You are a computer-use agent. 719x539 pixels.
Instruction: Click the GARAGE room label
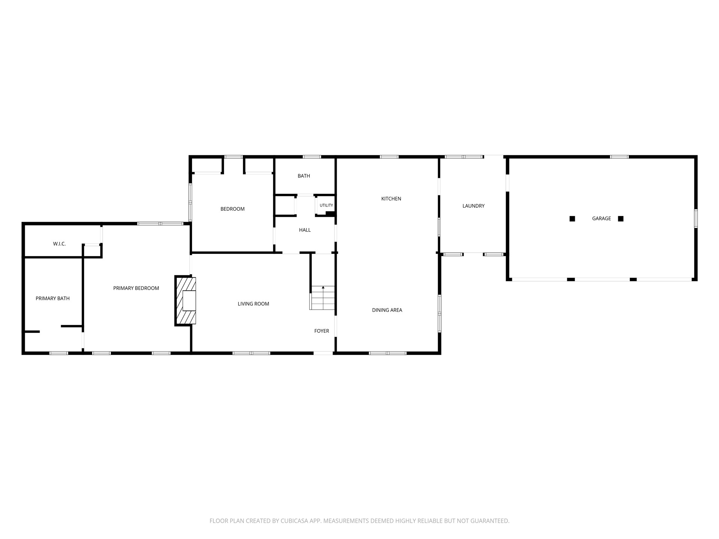point(601,219)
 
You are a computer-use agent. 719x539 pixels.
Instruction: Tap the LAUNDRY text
point(473,206)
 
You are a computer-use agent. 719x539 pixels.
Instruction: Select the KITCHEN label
point(391,199)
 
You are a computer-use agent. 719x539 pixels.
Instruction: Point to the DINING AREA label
point(387,310)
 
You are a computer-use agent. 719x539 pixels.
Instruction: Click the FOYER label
point(321,331)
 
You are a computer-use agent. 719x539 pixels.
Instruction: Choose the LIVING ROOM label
point(253,304)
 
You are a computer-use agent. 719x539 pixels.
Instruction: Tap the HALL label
point(305,230)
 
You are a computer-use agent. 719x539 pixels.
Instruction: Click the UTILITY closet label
point(326,205)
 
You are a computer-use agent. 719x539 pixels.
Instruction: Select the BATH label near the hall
point(304,176)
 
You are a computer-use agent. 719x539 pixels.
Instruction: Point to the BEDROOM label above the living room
point(232,209)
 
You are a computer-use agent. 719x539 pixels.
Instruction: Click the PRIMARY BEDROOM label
point(136,288)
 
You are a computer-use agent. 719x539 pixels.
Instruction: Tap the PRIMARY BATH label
point(52,298)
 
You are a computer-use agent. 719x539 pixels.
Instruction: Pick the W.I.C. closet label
point(59,244)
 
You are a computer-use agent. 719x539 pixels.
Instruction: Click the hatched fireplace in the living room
point(185,301)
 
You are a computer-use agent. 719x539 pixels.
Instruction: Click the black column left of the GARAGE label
point(572,219)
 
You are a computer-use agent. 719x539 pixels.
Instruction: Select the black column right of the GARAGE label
point(621,219)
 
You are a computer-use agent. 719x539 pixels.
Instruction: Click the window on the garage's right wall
point(696,219)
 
